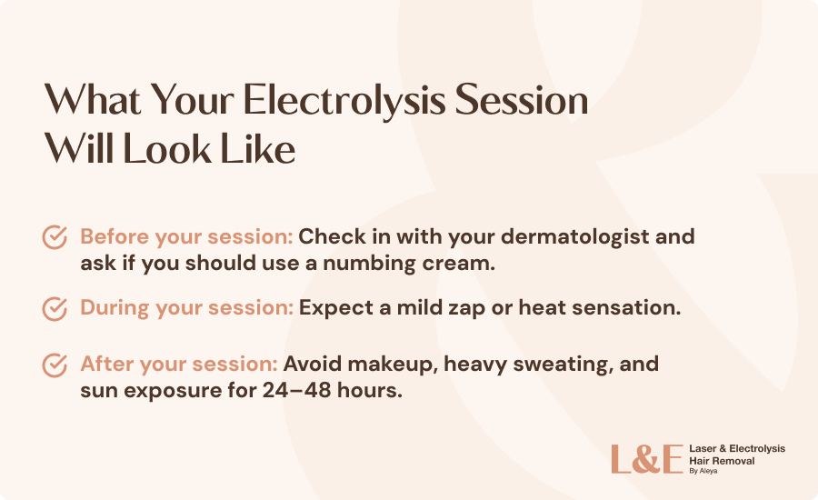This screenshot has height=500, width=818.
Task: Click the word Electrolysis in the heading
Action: tap(344, 101)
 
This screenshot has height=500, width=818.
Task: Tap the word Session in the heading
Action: tap(522, 100)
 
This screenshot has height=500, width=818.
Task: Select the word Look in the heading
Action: tap(166, 149)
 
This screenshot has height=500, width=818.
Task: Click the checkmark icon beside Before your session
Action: tap(55, 237)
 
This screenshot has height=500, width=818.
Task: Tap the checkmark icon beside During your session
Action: tap(55, 308)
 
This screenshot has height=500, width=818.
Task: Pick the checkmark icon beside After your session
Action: tap(55, 365)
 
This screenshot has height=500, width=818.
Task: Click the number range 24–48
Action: tap(297, 390)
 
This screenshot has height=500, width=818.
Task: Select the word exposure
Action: tap(173, 392)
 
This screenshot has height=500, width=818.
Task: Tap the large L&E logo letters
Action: tap(647, 459)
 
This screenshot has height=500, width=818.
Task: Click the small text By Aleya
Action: tap(703, 471)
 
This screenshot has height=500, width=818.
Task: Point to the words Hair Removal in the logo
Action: tap(722, 461)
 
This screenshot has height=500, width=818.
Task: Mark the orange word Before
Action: tap(115, 237)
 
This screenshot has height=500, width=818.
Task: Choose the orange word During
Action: tap(115, 308)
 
